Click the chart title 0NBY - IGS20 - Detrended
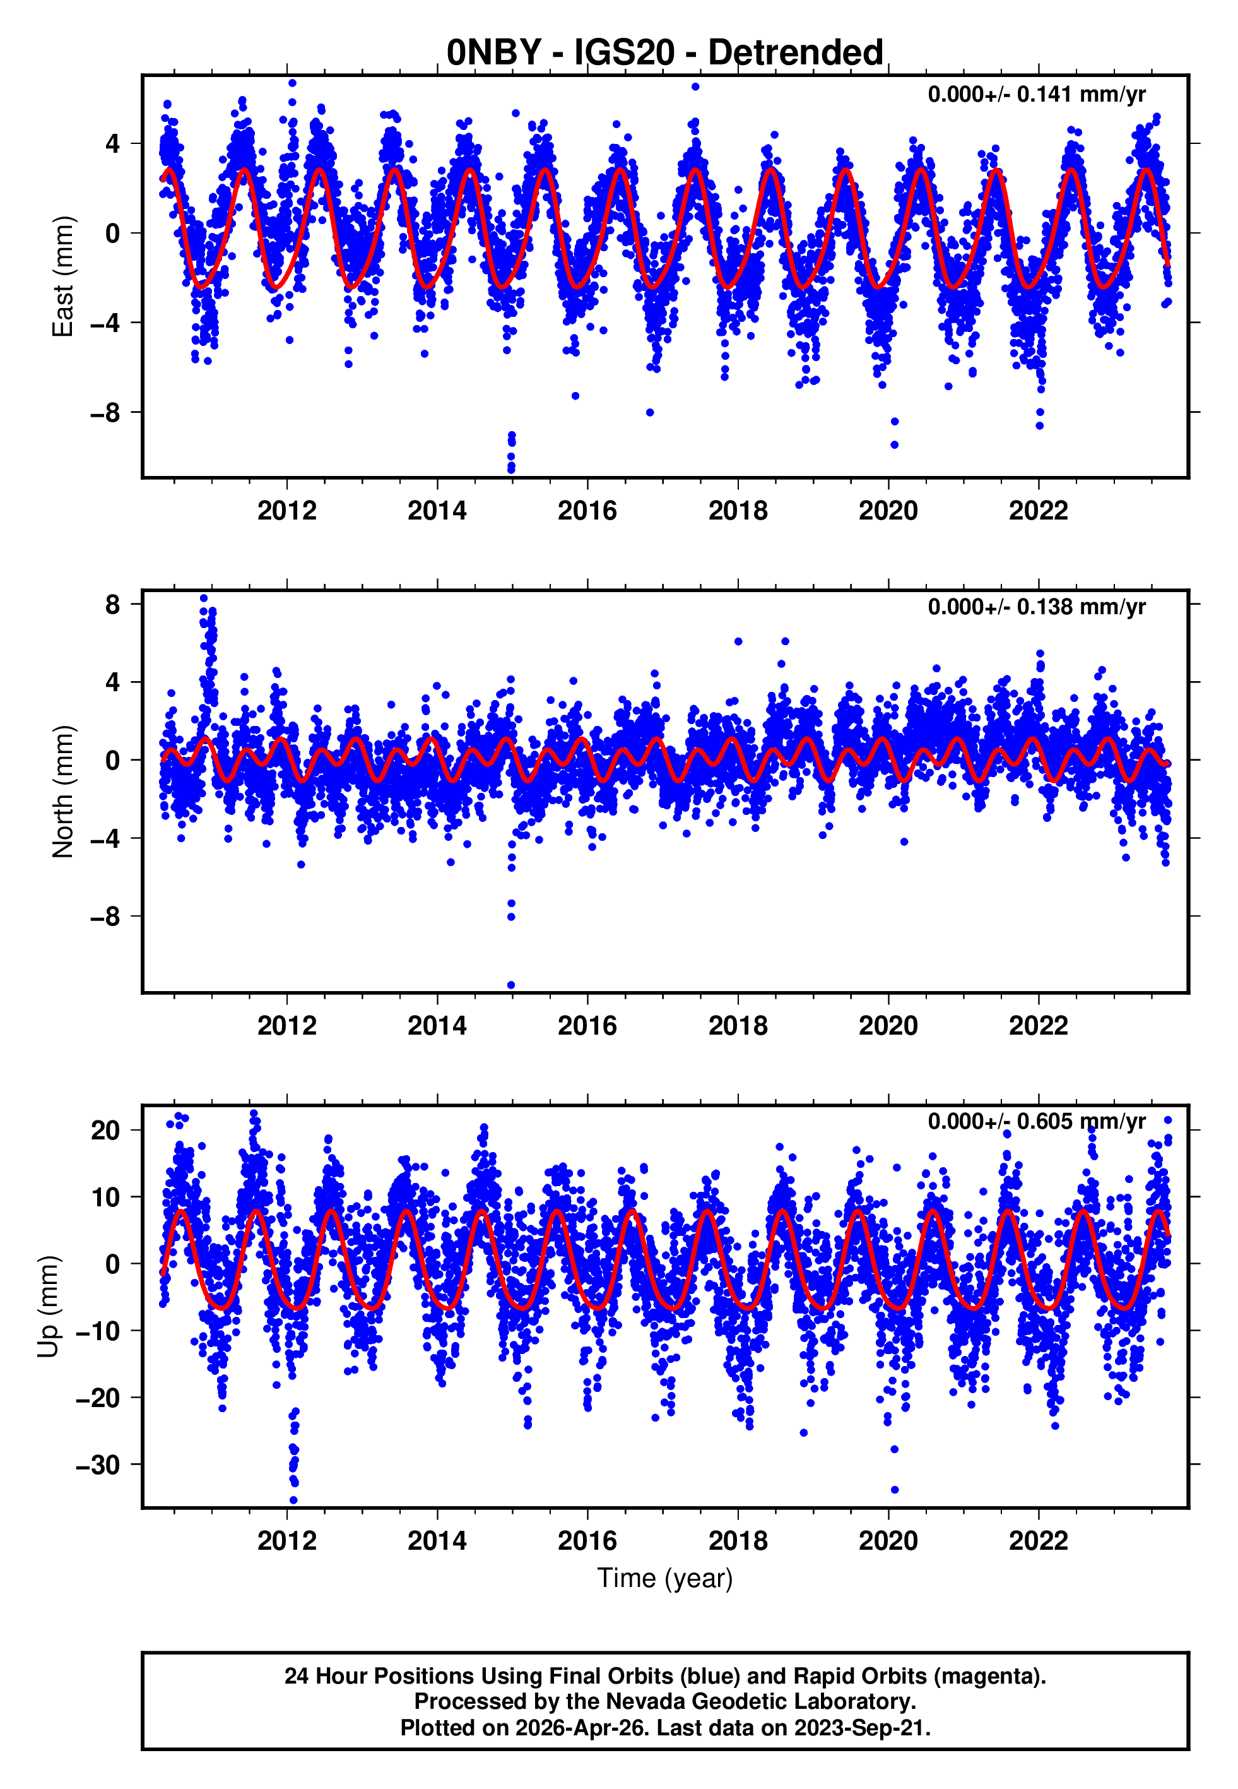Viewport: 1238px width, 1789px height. pos(665,53)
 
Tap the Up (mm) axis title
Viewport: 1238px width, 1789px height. pos(48,1307)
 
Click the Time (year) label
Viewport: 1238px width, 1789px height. pos(665,1578)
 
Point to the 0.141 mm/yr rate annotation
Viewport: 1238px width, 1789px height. pos(1036,95)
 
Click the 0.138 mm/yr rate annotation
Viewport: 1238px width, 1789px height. pos(1036,607)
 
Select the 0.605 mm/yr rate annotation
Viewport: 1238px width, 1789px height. pos(1036,1121)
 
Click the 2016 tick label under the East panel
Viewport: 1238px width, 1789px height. pos(587,511)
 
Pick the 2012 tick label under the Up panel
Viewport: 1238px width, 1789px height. pos(287,1540)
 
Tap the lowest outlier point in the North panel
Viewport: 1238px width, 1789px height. pos(511,985)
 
